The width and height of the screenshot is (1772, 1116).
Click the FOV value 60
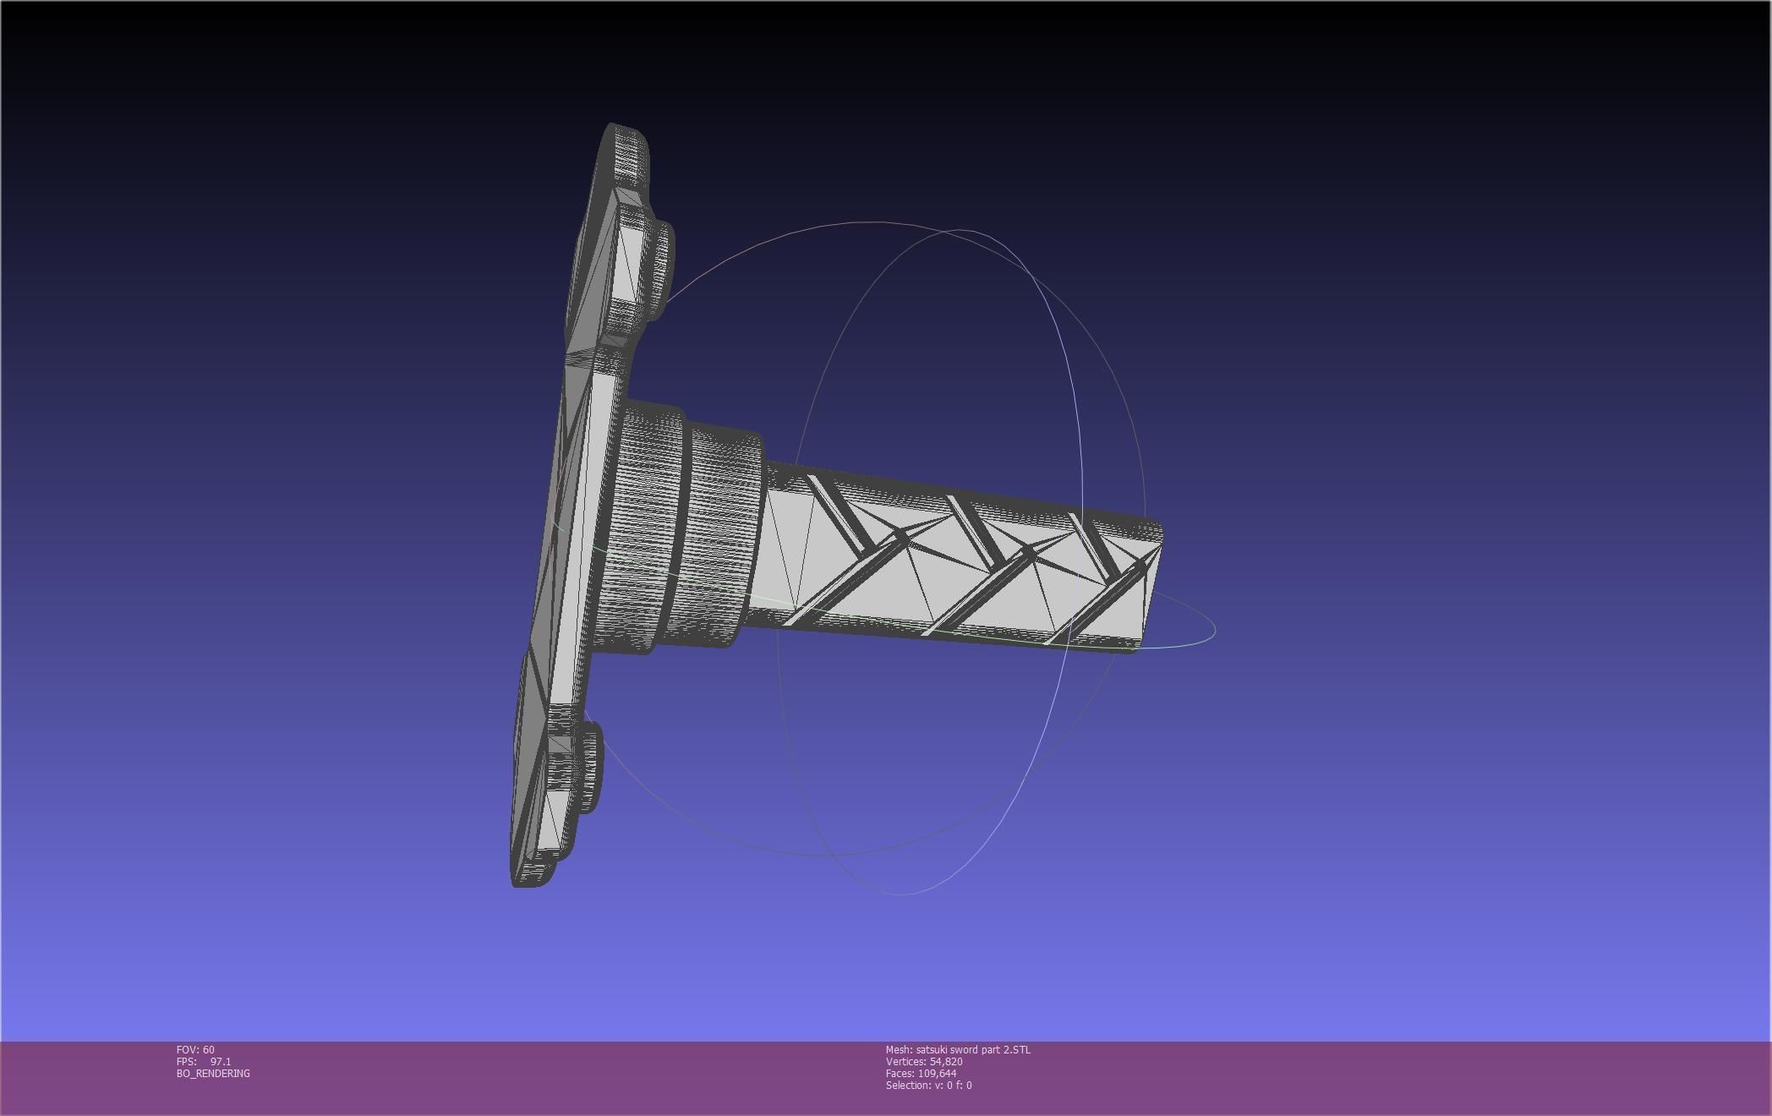(209, 1050)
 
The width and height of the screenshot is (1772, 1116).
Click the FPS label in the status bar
(186, 1062)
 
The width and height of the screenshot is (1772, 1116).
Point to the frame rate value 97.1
(221, 1062)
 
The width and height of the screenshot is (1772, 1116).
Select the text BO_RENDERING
(213, 1074)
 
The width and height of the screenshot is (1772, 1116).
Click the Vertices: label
(906, 1062)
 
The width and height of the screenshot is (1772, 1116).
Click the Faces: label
(900, 1074)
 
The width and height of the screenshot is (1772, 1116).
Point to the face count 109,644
(937, 1074)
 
